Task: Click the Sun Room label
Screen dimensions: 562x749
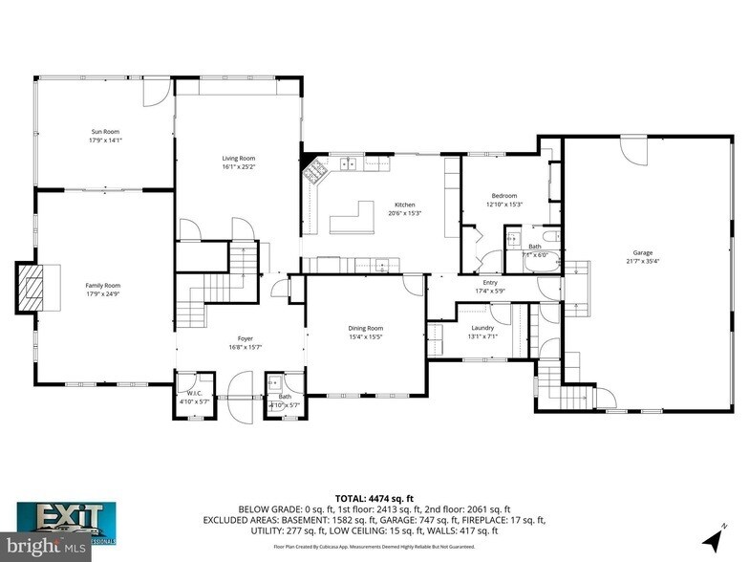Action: coord(105,131)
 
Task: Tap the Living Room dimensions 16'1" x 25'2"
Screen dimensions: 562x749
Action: coord(239,167)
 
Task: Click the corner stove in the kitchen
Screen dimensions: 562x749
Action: coord(313,174)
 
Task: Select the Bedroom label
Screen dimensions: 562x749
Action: coord(504,194)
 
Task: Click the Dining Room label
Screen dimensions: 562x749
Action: coord(365,328)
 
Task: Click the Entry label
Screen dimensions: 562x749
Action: coord(491,282)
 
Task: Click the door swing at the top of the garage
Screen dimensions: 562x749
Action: coord(632,148)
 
